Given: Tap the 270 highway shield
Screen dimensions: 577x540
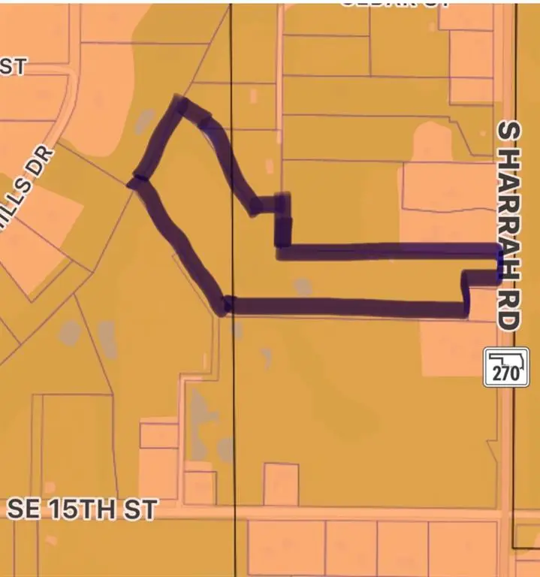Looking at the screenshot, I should [x=501, y=367].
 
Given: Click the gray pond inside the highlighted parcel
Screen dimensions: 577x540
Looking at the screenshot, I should [x=302, y=286].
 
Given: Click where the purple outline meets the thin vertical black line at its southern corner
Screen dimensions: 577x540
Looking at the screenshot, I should [x=226, y=306].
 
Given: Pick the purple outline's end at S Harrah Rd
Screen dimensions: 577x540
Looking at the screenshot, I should [x=499, y=262].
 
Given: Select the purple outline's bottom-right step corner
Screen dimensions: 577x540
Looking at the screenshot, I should [x=464, y=308].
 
